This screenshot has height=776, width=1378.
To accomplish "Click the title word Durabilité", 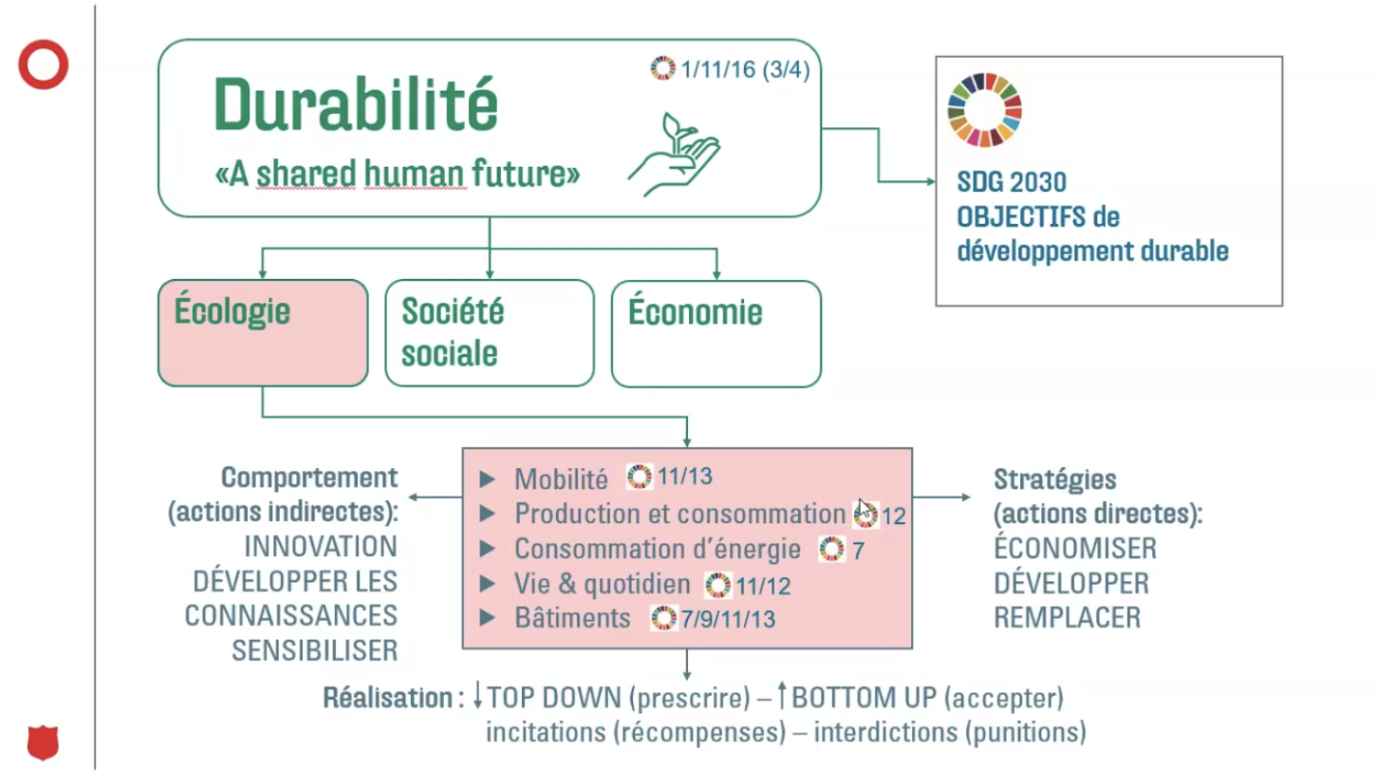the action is (355, 104).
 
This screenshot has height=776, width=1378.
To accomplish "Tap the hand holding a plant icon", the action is (674, 153).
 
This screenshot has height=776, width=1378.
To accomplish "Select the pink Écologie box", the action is (262, 333).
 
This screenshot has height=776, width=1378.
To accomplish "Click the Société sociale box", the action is (489, 333).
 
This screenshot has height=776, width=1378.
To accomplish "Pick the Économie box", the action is (716, 334).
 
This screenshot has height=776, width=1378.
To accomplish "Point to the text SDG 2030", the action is (1011, 182).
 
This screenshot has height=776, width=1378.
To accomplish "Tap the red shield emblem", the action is (43, 742).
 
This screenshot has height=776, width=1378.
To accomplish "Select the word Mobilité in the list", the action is (561, 480).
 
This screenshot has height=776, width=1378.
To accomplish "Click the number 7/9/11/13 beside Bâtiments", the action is (729, 619).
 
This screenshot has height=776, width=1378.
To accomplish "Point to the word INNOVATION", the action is (320, 546).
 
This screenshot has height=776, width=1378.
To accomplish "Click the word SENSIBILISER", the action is (315, 651).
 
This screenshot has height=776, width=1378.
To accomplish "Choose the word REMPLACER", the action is (1067, 618).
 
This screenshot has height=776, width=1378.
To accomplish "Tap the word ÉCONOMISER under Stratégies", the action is (1075, 547).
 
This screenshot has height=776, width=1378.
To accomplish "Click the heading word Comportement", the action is (310, 478).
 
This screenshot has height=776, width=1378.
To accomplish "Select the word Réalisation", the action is (388, 698).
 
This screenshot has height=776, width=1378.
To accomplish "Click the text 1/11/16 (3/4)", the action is (746, 69).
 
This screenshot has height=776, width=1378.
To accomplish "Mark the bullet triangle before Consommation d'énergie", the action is (487, 548).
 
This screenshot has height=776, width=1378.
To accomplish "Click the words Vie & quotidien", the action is (602, 584).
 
